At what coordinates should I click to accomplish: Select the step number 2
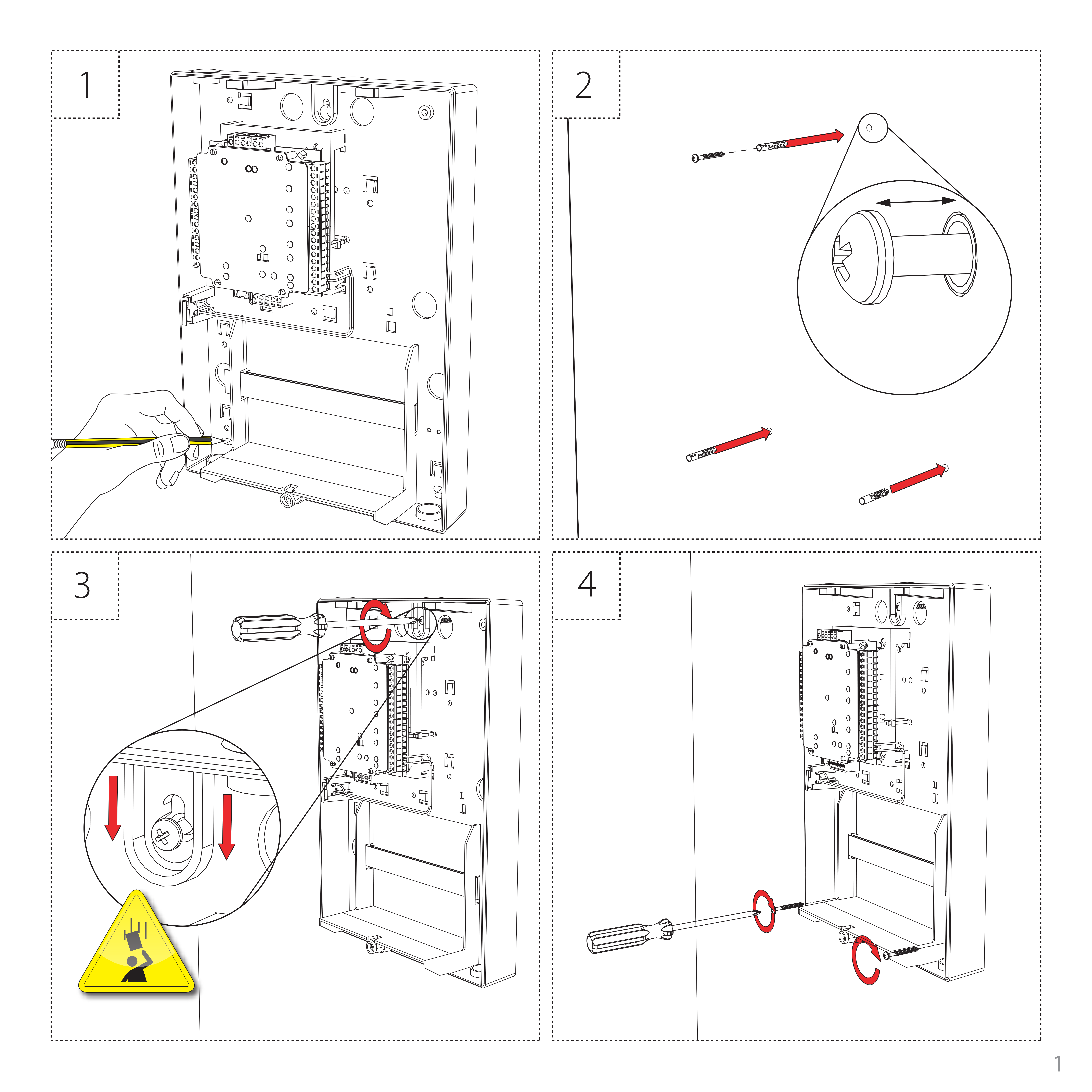click(x=583, y=85)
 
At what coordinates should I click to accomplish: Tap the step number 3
click(x=82, y=586)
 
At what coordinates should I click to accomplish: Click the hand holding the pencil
click(x=141, y=430)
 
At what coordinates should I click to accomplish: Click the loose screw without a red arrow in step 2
click(x=708, y=156)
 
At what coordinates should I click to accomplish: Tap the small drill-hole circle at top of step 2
click(x=872, y=128)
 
